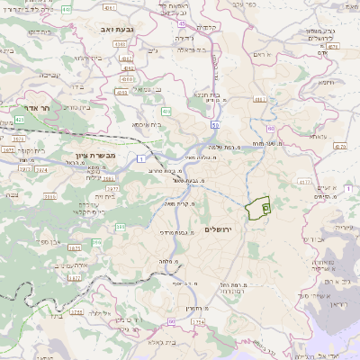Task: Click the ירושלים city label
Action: pos(219,230)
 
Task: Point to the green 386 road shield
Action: pos(120,227)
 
